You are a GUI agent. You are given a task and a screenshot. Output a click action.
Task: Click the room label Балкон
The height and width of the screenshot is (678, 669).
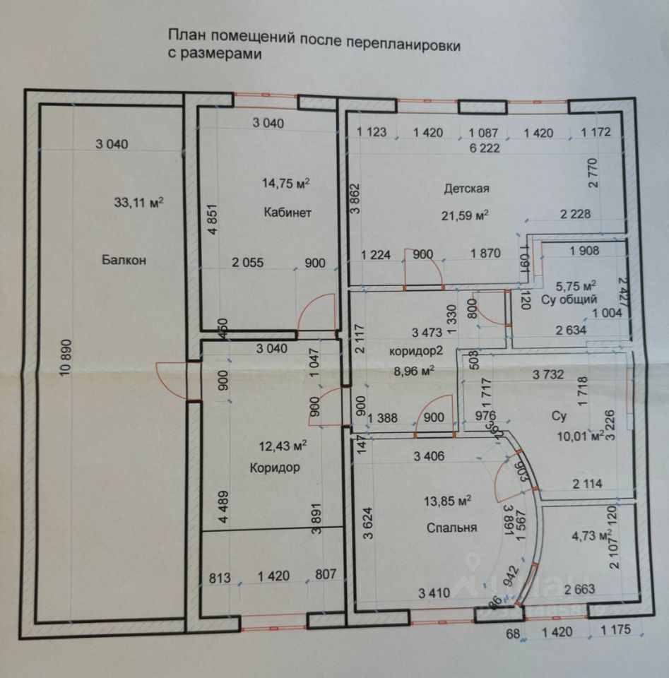[x=124, y=261]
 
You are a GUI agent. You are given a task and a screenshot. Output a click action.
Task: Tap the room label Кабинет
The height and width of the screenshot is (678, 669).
[x=288, y=213]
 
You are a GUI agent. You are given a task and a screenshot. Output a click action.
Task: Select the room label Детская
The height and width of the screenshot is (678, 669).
[x=466, y=189]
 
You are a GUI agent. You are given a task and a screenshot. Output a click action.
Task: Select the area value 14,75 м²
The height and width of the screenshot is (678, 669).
[x=286, y=183]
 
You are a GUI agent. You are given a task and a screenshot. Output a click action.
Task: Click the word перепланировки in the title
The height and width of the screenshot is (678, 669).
[x=403, y=43]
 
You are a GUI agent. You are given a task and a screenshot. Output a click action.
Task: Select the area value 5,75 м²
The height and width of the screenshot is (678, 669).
[x=576, y=285]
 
